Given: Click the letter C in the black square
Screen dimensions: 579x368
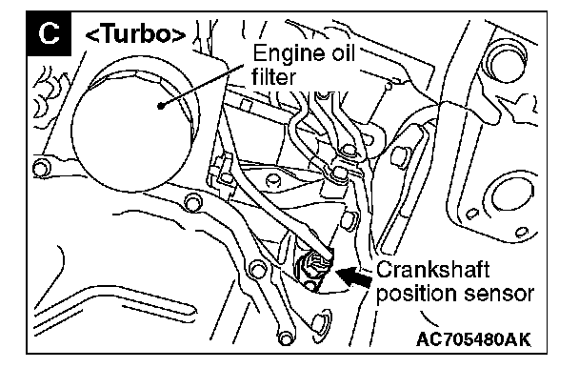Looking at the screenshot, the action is pos(50,33).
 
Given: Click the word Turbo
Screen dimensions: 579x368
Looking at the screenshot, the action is pos(135,33).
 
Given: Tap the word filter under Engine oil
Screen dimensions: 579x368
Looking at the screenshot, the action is pos(273,77).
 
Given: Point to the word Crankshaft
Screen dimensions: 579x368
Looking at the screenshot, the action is pos(432,269).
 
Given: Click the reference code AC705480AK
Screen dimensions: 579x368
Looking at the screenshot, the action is pos(473,338).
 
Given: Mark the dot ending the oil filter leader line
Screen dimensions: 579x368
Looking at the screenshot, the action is pos(160,106).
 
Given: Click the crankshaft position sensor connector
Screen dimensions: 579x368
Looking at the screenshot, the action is pos(314,266).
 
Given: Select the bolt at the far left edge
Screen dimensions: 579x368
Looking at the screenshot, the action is pos(41,169).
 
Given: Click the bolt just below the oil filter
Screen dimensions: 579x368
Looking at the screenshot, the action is pos(192,203).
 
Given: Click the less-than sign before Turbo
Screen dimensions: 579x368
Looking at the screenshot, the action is pos(92,36).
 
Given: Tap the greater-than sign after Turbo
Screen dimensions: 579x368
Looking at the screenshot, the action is pos(179,36).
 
